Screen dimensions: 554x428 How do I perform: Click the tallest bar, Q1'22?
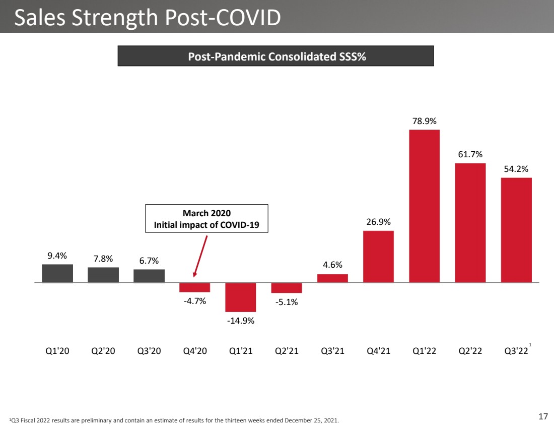point(425,206)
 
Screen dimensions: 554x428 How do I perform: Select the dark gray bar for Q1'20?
point(57,273)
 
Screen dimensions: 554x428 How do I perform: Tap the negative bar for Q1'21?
point(241,297)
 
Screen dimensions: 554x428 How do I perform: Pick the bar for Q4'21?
point(378,257)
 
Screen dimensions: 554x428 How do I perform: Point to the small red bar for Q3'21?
point(332,278)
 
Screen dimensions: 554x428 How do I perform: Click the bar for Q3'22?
point(516,230)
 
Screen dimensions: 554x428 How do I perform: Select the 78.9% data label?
point(425,121)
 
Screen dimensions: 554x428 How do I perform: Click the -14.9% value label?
point(241,321)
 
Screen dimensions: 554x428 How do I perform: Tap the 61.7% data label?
point(470,154)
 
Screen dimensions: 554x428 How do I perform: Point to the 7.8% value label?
point(103,259)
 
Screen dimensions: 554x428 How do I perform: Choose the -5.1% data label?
point(287,302)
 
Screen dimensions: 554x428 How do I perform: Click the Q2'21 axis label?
point(287,351)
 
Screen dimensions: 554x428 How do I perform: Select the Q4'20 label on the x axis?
point(195,351)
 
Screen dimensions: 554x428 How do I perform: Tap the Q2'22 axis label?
point(470,351)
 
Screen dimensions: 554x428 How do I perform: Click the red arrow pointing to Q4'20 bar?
point(200,256)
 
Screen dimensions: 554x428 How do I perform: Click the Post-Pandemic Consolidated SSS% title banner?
point(275,56)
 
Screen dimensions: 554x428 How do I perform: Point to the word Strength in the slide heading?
point(115,18)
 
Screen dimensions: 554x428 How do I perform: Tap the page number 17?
point(543,416)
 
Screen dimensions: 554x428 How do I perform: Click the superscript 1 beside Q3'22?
point(530,344)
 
